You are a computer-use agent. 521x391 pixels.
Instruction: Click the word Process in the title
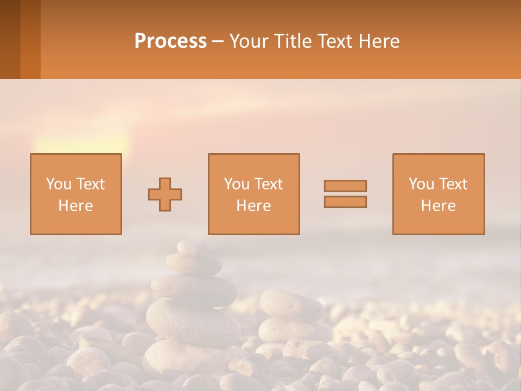click(170, 41)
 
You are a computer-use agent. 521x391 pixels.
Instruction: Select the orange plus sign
click(165, 194)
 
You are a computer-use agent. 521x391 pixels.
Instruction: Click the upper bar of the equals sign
click(345, 186)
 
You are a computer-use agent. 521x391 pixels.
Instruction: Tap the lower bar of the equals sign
click(345, 202)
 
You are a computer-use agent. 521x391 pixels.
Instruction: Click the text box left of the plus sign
click(76, 194)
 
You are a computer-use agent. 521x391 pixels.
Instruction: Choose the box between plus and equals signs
click(253, 194)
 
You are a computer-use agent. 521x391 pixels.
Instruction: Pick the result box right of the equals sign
click(439, 194)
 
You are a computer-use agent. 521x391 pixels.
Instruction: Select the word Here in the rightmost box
click(439, 206)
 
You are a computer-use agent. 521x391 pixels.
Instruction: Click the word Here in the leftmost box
click(76, 206)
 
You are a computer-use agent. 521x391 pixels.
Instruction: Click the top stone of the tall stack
click(193, 247)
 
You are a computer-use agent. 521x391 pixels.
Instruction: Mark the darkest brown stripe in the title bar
click(10, 39)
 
